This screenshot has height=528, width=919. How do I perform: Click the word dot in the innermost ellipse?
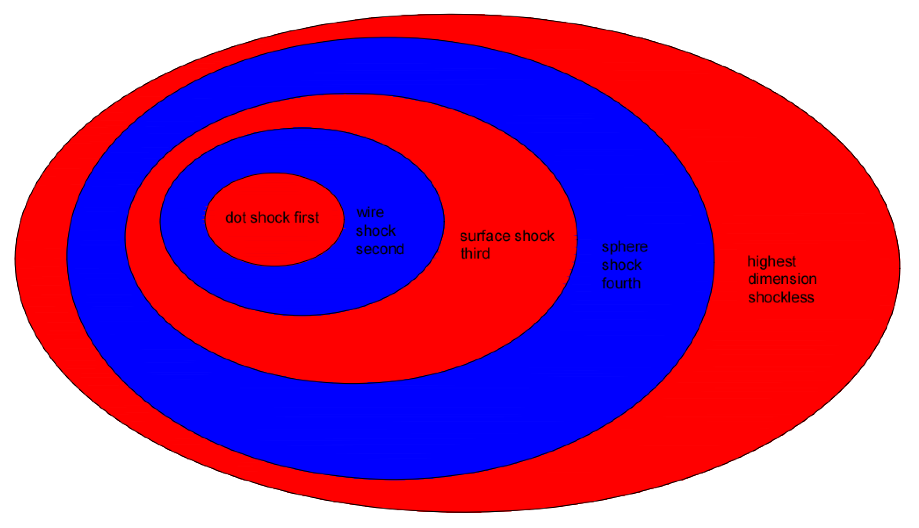(x=236, y=218)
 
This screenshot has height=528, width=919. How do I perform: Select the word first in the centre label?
(x=307, y=218)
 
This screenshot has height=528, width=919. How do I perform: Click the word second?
(x=380, y=249)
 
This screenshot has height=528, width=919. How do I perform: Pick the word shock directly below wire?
(x=375, y=231)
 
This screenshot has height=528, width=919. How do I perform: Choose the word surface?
(x=485, y=236)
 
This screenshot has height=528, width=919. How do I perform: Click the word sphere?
(x=624, y=247)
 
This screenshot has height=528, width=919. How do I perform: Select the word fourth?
(x=621, y=284)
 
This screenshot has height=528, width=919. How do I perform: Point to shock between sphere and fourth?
(x=622, y=265)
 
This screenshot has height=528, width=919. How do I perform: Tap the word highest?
(x=772, y=261)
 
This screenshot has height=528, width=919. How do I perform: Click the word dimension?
(x=782, y=279)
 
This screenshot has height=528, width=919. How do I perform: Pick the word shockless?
(x=781, y=298)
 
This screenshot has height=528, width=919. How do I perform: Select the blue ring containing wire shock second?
(x=301, y=290)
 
